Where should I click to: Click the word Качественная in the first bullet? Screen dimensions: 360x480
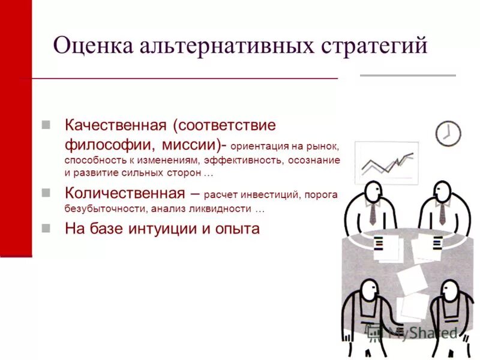(115, 126)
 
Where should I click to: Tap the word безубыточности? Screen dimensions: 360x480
(103, 209)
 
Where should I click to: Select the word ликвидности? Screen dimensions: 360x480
(223, 209)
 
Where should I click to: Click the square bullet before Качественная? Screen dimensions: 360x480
(46, 125)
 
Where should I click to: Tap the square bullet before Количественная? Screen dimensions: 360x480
(46, 193)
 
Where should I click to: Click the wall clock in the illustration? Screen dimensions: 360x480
(448, 133)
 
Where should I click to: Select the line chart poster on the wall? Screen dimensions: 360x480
(386, 162)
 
